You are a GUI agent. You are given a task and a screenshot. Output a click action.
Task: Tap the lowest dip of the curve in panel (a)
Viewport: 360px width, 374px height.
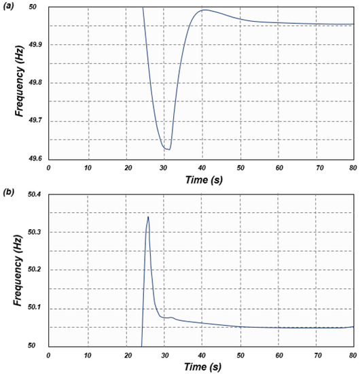(167, 149)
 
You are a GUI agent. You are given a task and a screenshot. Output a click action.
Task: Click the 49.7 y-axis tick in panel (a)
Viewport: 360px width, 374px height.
(34, 120)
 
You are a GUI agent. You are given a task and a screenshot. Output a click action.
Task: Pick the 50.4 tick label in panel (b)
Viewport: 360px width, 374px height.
(34, 194)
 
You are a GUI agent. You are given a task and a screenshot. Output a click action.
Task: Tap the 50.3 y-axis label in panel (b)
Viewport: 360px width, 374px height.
(34, 232)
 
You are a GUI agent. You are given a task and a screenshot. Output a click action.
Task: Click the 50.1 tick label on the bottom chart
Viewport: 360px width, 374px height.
(34, 307)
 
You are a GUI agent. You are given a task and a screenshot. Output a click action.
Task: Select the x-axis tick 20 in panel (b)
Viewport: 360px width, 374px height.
(124, 354)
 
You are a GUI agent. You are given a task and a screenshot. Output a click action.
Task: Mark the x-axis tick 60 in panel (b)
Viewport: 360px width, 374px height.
(276, 354)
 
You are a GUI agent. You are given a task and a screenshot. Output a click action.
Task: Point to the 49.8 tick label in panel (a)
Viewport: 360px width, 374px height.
(34, 82)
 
